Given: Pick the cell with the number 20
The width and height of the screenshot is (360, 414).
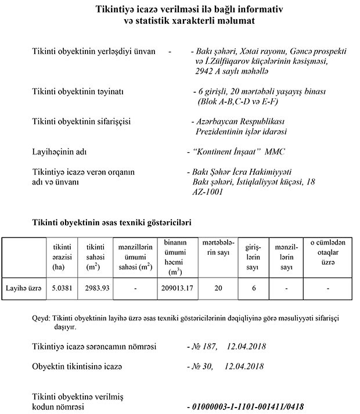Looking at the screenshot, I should coord(218,287).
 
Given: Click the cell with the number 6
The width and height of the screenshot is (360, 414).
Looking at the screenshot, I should coord(253,287).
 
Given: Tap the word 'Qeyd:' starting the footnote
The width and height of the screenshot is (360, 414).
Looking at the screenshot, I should coord(42,319).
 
